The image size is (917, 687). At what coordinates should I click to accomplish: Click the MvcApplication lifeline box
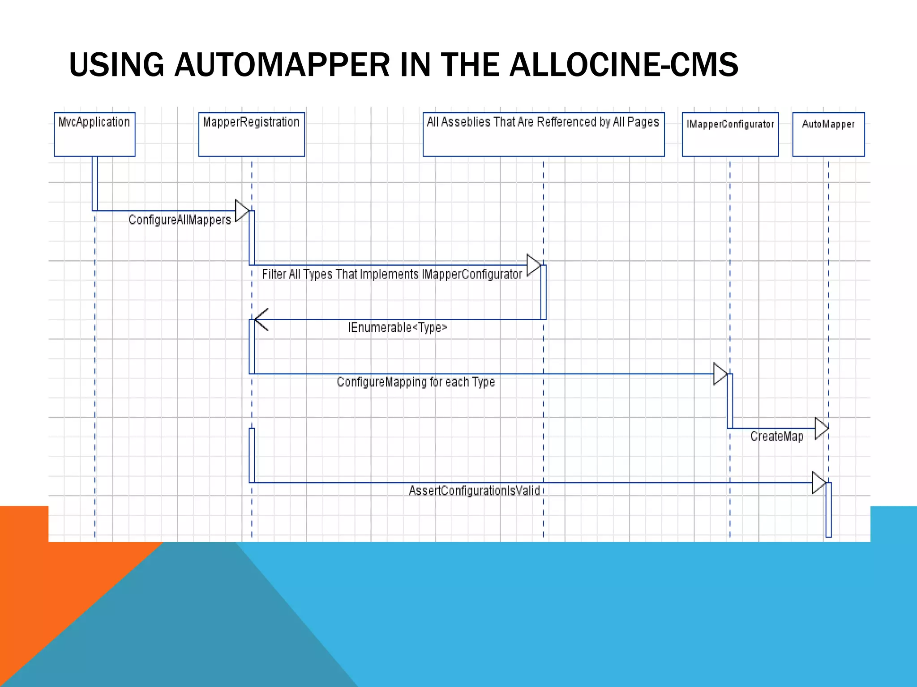pyautogui.click(x=94, y=134)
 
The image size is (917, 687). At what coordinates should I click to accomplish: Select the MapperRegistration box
pyautogui.click(x=251, y=134)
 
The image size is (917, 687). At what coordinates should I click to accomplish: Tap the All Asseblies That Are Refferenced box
pyautogui.click(x=543, y=134)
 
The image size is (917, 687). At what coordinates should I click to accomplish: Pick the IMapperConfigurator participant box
pyautogui.click(x=730, y=134)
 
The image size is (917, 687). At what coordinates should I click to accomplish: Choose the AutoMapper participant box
pyautogui.click(x=828, y=134)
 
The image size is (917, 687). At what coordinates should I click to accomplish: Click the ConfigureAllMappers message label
pyautogui.click(x=180, y=220)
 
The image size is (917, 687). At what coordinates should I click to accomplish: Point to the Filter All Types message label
pyautogui.click(x=392, y=274)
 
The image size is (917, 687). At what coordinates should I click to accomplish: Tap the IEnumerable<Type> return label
pyautogui.click(x=398, y=328)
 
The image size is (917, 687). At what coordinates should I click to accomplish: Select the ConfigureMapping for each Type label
pyautogui.click(x=416, y=382)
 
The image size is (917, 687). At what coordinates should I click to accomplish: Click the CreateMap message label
pyautogui.click(x=777, y=437)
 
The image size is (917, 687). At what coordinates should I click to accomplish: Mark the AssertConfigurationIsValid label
pyautogui.click(x=474, y=491)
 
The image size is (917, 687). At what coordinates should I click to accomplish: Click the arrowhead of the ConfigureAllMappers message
pyautogui.click(x=242, y=211)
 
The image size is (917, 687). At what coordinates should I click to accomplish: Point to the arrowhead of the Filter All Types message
pyautogui.click(x=533, y=265)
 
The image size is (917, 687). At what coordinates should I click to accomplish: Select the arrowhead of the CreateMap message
pyautogui.click(x=822, y=428)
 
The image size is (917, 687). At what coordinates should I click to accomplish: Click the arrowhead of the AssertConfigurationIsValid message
pyautogui.click(x=819, y=483)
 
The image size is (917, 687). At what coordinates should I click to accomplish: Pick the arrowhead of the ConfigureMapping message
pyautogui.click(x=720, y=374)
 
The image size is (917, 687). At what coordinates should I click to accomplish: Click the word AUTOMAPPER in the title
pyautogui.click(x=282, y=65)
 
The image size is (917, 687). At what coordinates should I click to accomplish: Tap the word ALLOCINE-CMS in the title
pyautogui.click(x=624, y=65)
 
